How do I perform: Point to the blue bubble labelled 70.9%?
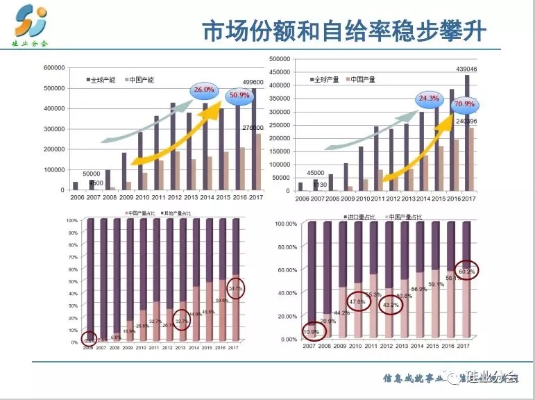(464, 105)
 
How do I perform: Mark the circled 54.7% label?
(236, 288)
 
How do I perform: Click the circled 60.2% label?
(466, 272)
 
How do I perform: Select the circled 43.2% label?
(391, 304)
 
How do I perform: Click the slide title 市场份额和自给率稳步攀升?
(343, 33)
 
